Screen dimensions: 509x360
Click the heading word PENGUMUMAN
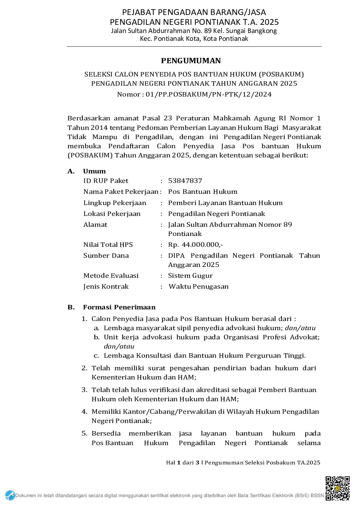(191, 61)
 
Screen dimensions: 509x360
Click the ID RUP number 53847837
(185, 181)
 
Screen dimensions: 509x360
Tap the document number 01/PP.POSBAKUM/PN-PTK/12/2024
(209, 95)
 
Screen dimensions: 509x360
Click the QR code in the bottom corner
(337, 488)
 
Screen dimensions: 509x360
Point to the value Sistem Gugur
(190, 276)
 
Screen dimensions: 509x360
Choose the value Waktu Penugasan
(198, 287)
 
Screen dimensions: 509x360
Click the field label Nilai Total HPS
(108, 245)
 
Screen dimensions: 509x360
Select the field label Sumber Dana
(106, 256)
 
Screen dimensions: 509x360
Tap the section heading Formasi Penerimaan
(119, 307)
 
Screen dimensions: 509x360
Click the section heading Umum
(94, 171)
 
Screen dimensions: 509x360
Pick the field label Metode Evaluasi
(111, 276)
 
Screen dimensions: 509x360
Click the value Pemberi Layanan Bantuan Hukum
(225, 203)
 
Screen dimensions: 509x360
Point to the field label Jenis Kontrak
(106, 287)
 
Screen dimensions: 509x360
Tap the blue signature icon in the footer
(10, 495)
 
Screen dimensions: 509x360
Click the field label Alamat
(95, 225)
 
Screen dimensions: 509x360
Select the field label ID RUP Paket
(106, 181)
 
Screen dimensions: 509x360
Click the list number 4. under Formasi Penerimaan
(84, 412)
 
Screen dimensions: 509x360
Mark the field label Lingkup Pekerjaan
(115, 203)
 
